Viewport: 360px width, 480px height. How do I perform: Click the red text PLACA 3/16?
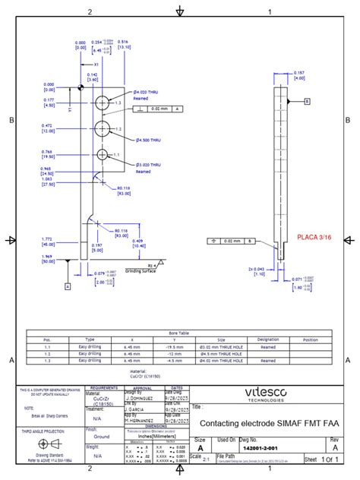[x=314, y=238]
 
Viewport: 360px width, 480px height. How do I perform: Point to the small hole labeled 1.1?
[x=100, y=154]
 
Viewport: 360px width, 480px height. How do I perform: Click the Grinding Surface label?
[x=142, y=269]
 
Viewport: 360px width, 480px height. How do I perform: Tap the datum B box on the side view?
[x=308, y=101]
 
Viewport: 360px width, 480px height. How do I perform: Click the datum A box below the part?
[x=68, y=286]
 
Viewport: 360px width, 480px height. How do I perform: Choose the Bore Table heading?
[x=179, y=333]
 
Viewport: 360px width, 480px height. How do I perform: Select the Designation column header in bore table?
[x=267, y=339]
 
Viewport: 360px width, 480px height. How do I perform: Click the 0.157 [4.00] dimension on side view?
[x=299, y=75]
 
